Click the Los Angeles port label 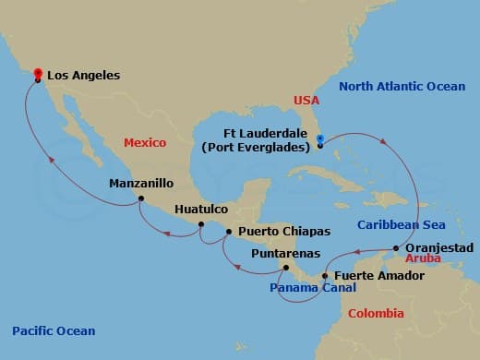pos(82,76)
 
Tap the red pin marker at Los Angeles pos(38,74)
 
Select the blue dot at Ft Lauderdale pos(319,140)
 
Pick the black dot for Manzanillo pos(140,198)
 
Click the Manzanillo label pos(140,183)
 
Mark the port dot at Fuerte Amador pos(324,275)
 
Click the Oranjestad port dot pos(396,247)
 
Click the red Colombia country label pos(376,314)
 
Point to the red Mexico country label pos(146,143)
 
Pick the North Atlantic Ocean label pos(401,87)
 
